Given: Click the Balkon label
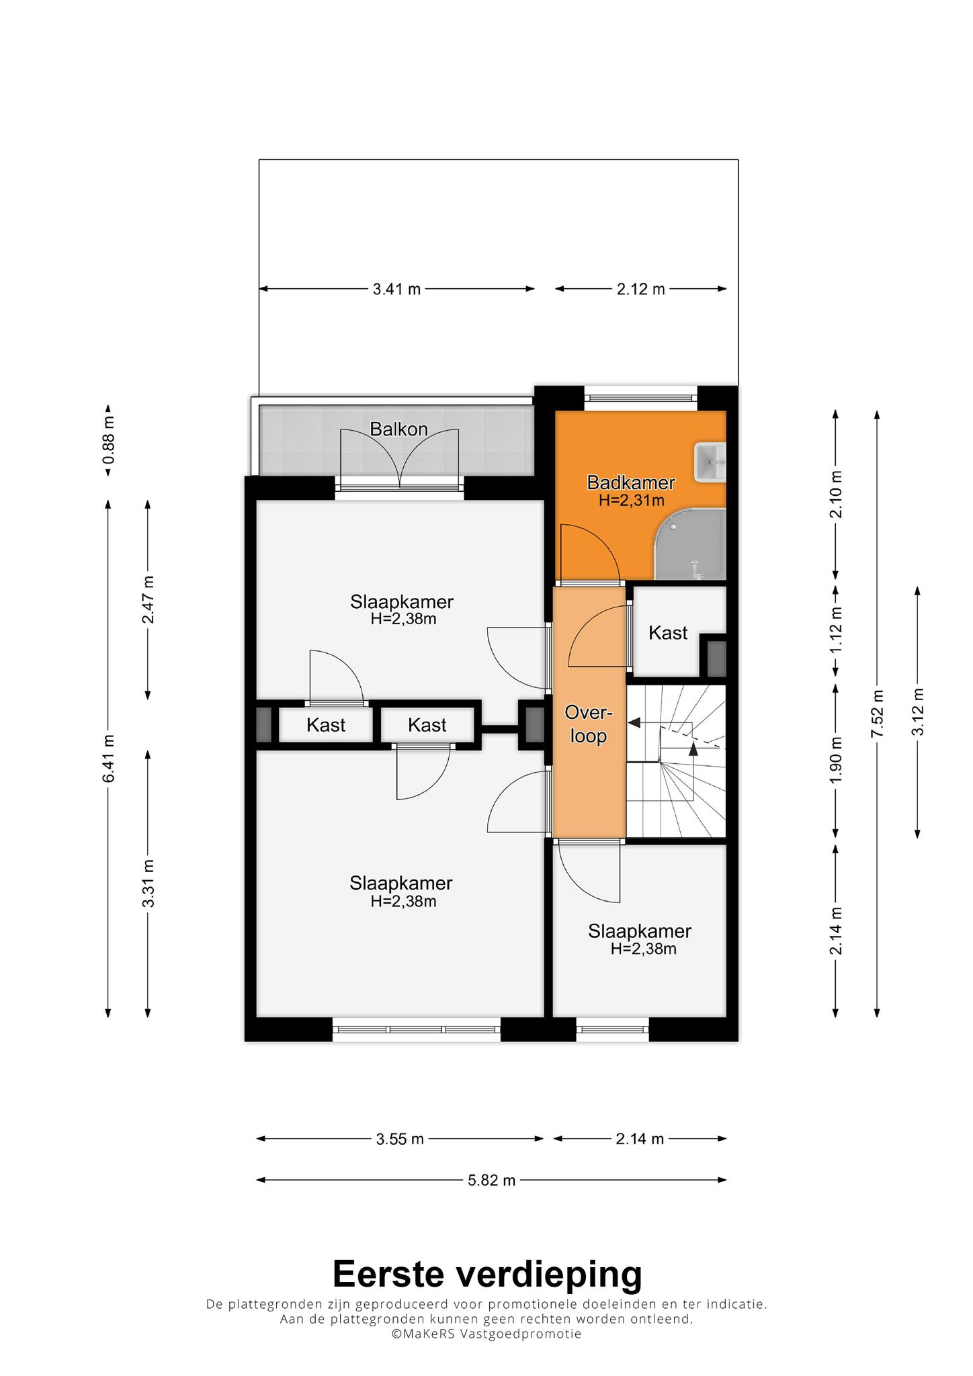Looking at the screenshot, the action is [399, 429].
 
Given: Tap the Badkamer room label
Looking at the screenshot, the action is [631, 482].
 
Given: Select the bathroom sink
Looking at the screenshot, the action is [710, 462].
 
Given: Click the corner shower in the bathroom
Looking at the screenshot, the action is [691, 544].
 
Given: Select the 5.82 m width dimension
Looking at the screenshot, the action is [492, 1180].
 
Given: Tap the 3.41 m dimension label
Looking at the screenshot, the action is [396, 289].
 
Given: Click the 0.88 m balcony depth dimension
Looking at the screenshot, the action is [108, 440].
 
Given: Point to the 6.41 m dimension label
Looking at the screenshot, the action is [108, 758].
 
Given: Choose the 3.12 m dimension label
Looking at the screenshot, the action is [918, 712].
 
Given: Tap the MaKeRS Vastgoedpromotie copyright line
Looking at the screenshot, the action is [487, 1334].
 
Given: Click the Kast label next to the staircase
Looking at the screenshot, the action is [668, 632].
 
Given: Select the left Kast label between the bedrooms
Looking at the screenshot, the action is [326, 725].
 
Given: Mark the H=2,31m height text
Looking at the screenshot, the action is [631, 500].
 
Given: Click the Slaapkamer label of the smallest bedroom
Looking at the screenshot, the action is [640, 931].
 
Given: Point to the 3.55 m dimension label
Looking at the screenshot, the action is [400, 1139].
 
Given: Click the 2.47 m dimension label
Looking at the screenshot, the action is [149, 599].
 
